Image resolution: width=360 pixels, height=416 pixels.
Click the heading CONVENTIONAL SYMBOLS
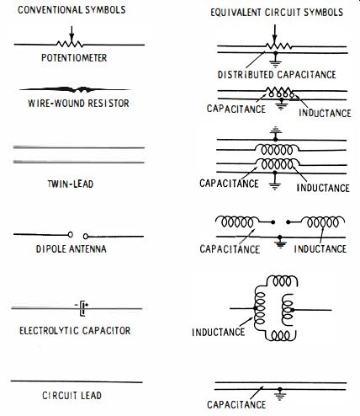[x=71, y=10]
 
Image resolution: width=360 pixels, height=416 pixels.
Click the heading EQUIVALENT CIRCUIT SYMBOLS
[x=277, y=13]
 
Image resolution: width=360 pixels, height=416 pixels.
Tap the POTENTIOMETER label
[x=74, y=58]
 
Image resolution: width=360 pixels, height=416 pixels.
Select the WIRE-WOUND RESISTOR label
[x=78, y=103]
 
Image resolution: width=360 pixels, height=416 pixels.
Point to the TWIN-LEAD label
[x=71, y=184]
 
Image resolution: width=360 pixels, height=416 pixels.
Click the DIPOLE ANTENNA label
[x=71, y=249]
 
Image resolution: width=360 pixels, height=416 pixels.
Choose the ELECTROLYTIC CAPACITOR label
[x=75, y=330]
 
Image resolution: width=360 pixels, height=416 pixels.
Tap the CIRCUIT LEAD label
[x=71, y=396]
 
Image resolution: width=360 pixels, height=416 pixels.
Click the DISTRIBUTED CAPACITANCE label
[x=277, y=75]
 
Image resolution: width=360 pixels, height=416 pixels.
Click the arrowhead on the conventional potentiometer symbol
[x=71, y=37]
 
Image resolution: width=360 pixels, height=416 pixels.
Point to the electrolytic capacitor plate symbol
[x=82, y=308]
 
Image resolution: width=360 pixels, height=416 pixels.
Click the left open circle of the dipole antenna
[x=71, y=234]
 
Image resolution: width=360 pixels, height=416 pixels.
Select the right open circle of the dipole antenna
[x=86, y=237]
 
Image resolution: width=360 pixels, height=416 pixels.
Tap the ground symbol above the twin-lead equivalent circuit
[x=275, y=131]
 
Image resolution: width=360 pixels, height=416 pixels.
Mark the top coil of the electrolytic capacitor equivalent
[x=283, y=280]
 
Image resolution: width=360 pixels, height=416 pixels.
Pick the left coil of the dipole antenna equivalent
[x=237, y=221]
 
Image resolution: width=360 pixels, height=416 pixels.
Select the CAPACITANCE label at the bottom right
[x=236, y=404]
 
